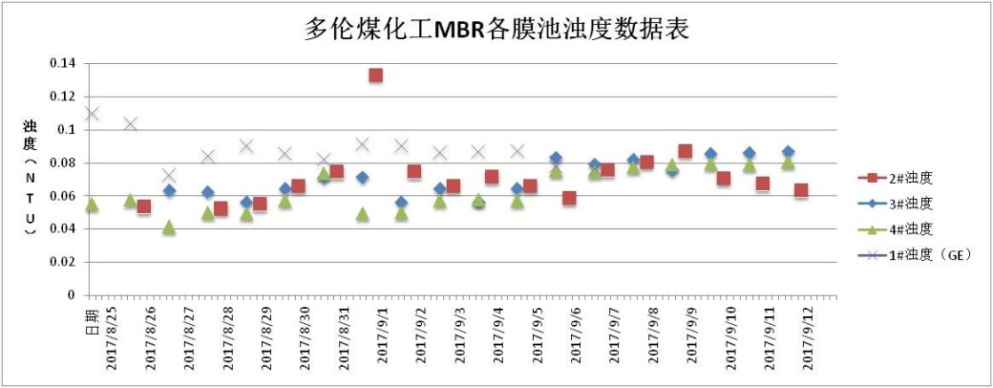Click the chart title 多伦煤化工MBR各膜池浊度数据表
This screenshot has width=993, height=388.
pyautogui.click(x=496, y=30)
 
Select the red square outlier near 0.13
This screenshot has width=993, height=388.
pyautogui.click(x=376, y=75)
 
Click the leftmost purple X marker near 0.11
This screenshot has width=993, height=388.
pyautogui.click(x=92, y=114)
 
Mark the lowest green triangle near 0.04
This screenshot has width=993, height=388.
pyautogui.click(x=169, y=227)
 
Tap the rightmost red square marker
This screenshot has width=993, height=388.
pyautogui.click(x=801, y=190)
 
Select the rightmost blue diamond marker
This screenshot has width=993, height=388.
pyautogui.click(x=788, y=152)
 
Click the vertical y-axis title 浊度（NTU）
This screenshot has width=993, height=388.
pyautogui.click(x=30, y=179)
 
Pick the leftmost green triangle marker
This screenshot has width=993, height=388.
pyautogui.click(x=92, y=205)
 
